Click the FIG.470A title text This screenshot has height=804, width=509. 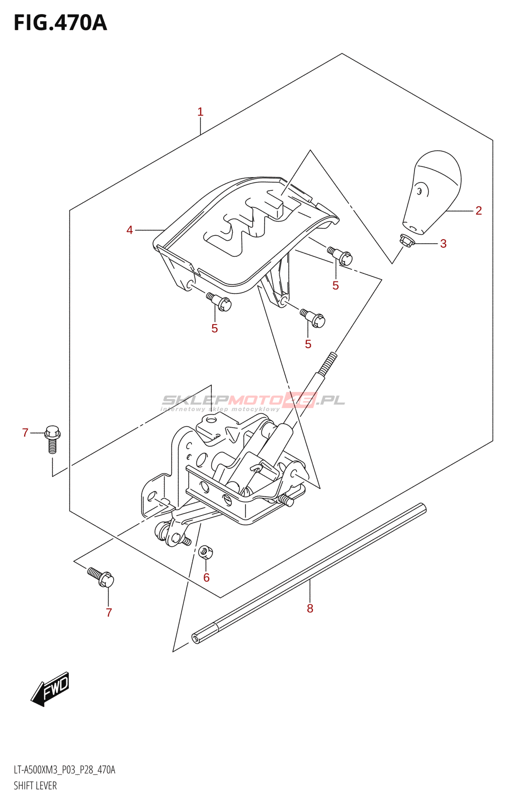pos(60,23)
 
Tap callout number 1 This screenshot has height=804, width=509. pos(200,112)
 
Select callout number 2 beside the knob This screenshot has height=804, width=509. pos(478,211)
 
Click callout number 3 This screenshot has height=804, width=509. pos(443,244)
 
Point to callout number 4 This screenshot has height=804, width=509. pos(130,230)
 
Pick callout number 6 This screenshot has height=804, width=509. pos(206,578)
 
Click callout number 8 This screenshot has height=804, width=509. pos(310,609)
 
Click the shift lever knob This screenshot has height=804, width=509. pos(433,191)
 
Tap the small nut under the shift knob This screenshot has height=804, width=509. pos(407,242)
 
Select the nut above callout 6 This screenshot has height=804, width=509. pos(205,552)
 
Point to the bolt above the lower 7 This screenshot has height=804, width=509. pos(101,577)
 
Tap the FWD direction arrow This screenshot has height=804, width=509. pos(50,688)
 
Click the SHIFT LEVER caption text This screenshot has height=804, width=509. pos(35,786)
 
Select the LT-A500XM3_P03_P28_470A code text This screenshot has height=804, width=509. pos(64,770)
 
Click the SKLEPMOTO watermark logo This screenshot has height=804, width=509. pos(253,401)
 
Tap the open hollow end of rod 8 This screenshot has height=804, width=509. pos(195,639)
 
